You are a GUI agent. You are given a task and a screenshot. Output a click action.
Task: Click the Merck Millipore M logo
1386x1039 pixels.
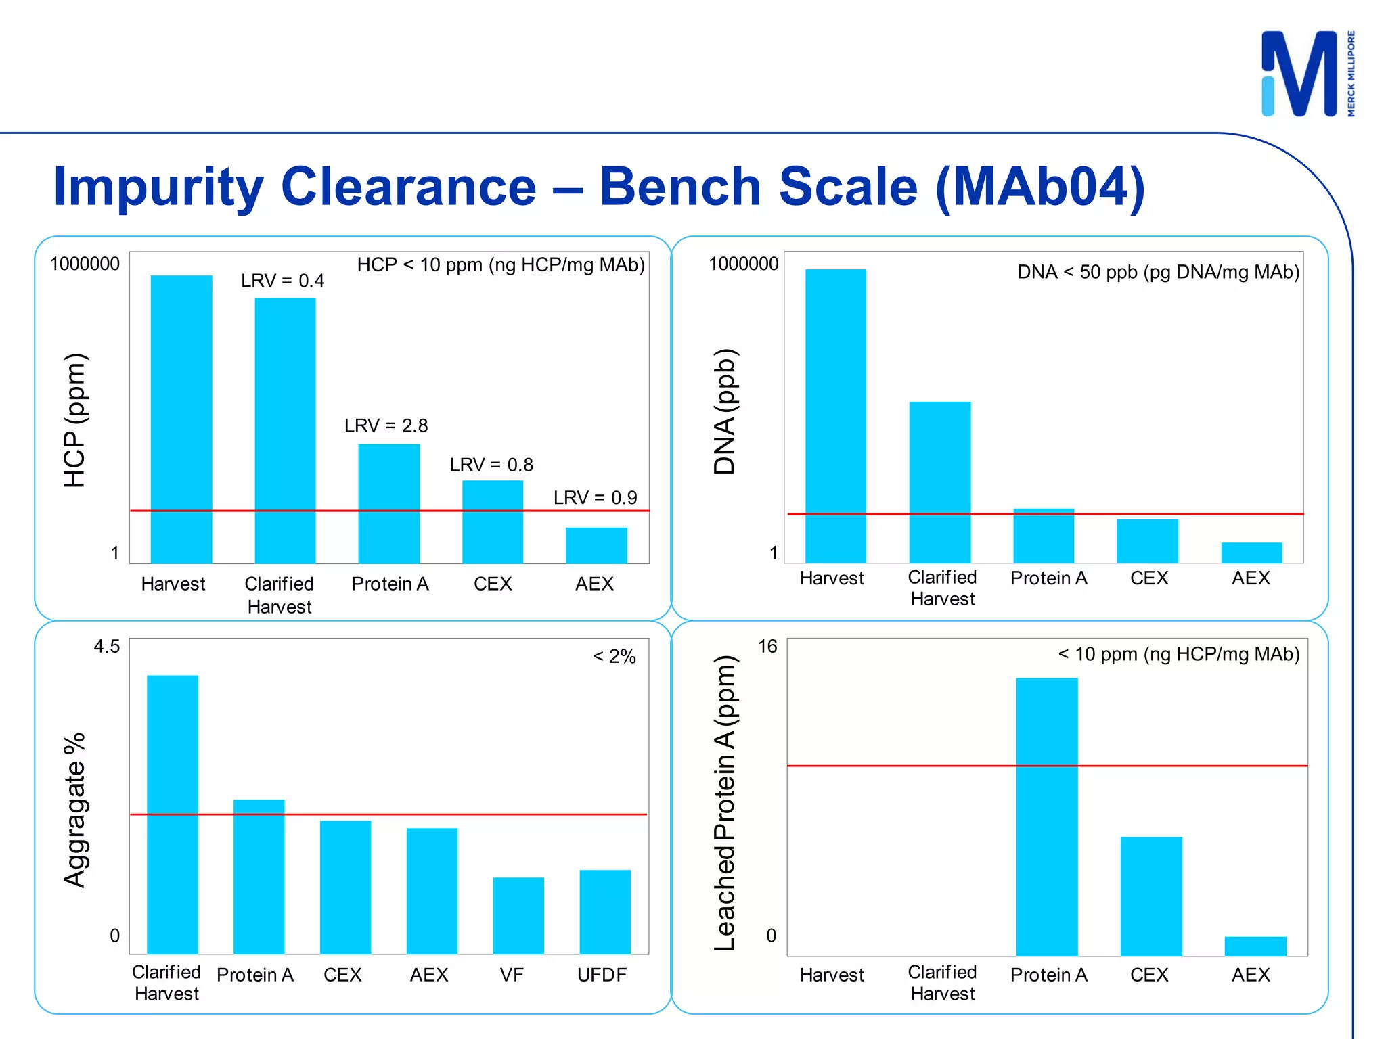1299,74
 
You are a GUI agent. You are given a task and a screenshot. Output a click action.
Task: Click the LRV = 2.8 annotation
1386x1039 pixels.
386,425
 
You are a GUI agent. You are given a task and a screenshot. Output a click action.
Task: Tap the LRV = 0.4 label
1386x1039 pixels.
282,281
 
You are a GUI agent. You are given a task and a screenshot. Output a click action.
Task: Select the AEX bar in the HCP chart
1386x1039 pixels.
596,545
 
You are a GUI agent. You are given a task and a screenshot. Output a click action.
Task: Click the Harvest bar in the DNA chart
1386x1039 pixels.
835,416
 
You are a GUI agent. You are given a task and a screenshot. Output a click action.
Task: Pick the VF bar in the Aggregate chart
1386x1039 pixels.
518,915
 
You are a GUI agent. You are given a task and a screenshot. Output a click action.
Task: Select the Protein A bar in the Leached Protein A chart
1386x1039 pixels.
1046,816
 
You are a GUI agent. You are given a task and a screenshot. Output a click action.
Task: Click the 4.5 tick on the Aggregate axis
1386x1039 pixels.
106,647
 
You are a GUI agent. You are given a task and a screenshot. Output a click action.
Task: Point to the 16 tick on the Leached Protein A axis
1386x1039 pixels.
767,647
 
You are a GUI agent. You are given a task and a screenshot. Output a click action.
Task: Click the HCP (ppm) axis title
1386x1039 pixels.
74,420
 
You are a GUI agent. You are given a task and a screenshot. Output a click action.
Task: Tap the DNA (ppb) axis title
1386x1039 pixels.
725,411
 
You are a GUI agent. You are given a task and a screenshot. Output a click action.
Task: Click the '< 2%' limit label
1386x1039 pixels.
614,657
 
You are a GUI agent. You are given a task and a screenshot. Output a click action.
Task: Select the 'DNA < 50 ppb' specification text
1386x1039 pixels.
1158,272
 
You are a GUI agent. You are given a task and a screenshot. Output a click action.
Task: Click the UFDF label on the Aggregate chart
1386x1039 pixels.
602,975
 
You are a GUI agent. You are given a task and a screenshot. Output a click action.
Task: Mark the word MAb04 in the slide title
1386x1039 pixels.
1040,187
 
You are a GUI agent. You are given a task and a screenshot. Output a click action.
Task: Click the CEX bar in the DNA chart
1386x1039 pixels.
1147,541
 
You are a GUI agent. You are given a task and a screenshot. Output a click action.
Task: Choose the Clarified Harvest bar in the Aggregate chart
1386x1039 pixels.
173,814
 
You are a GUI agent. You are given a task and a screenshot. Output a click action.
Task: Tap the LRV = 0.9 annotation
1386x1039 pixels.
595,498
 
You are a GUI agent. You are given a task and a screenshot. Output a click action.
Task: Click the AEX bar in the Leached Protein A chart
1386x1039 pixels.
1255,946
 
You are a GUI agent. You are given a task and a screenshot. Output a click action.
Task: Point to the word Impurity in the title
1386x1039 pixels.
159,187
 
